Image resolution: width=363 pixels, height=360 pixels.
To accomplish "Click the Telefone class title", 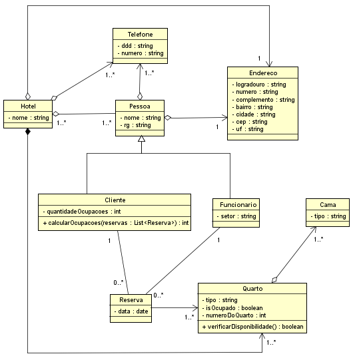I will pyautogui.click(x=139, y=34).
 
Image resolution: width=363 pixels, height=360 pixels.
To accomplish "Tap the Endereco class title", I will pyautogui.click(x=262, y=73).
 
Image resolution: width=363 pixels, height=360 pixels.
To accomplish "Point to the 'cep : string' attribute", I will pyautogui.click(x=250, y=122).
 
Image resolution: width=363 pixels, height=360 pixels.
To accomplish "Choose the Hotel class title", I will pyautogui.click(x=28, y=106).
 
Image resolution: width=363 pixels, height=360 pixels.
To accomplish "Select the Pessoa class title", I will pyautogui.click(x=139, y=106).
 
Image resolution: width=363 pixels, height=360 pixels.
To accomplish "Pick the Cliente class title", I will pyautogui.click(x=115, y=200).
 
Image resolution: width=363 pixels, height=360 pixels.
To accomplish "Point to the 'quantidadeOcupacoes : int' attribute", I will pyautogui.click(x=84, y=211).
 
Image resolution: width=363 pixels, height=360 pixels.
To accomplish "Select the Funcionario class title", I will pyautogui.click(x=235, y=204).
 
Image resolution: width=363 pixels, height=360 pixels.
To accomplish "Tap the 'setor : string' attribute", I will pyautogui.click(x=236, y=216).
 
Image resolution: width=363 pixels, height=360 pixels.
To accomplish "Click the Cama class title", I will pyautogui.click(x=328, y=204).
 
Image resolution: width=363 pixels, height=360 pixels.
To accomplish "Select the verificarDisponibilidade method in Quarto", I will pyautogui.click(x=252, y=327).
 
